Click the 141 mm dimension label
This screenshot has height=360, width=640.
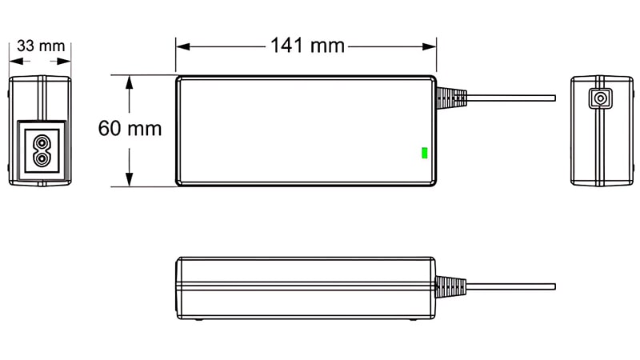coord(306,46)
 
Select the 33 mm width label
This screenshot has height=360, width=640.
coord(40,46)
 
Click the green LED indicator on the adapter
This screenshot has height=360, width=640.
coord(424,152)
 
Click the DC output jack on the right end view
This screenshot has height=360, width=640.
coord(598,98)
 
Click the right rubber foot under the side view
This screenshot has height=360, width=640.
coord(413,322)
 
